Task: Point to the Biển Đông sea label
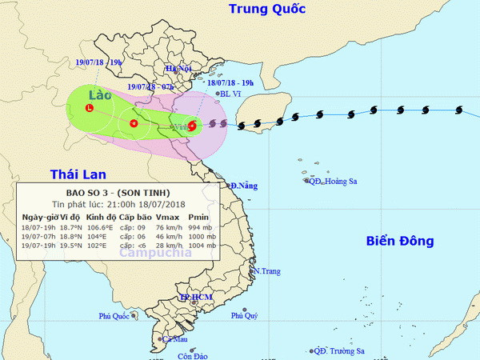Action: [x=399, y=241]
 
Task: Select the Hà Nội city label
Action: [x=180, y=69]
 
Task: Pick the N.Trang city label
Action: [x=266, y=271]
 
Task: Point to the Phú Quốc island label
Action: [x=114, y=316]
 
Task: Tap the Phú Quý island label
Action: [x=245, y=316]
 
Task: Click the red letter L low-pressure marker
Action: [x=90, y=107]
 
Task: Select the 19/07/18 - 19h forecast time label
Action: [x=101, y=61]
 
